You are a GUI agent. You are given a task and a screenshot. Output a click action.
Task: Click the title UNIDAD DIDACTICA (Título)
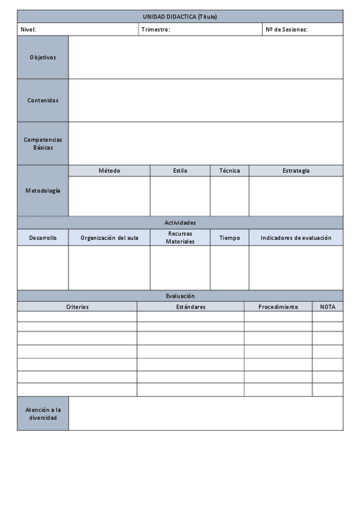(180, 17)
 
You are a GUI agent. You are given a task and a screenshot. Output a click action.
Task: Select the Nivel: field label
(28, 29)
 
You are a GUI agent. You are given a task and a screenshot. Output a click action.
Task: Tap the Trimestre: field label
(156, 29)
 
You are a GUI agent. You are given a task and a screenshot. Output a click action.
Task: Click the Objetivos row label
(43, 58)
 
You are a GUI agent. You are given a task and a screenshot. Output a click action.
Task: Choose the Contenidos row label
(43, 100)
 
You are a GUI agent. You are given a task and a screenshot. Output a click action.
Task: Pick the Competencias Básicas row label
(43, 143)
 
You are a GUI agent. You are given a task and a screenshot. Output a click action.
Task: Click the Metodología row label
(43, 191)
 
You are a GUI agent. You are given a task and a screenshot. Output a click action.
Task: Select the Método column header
(109, 171)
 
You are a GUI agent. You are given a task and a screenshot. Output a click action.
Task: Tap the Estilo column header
(180, 171)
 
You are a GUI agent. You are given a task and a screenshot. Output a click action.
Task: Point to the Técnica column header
(229, 171)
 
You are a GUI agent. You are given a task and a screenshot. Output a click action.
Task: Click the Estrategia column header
(296, 171)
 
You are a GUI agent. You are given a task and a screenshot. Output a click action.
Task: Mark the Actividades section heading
(180, 223)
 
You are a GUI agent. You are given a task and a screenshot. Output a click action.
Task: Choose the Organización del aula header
(109, 238)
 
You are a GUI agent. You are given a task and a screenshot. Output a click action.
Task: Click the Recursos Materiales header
(180, 238)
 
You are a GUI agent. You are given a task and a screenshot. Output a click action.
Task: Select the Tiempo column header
(229, 238)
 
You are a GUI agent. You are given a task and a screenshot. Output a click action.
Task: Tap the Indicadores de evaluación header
(296, 238)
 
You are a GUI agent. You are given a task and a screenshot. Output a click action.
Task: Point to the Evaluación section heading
(180, 296)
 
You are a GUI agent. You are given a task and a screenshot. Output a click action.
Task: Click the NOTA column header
(328, 307)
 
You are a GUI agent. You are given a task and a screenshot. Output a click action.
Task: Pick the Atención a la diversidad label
(43, 413)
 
